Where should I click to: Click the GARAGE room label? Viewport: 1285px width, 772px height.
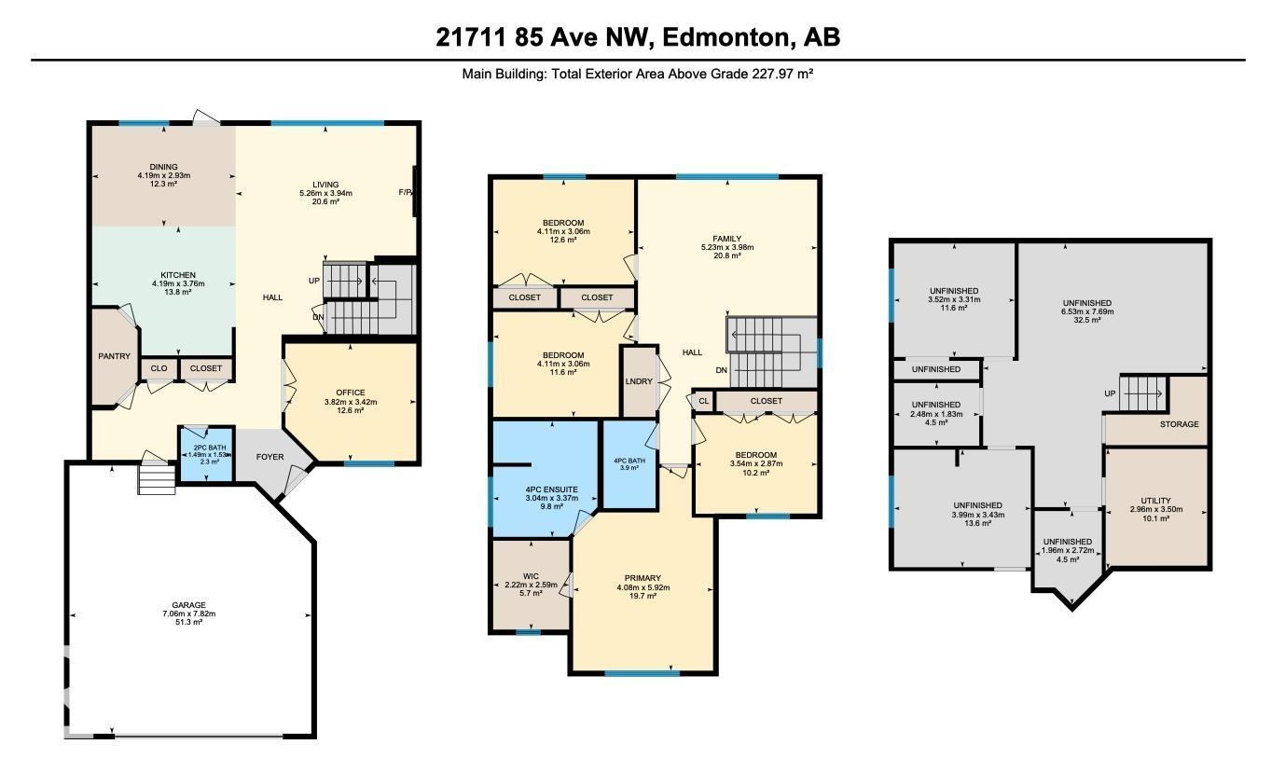(188, 605)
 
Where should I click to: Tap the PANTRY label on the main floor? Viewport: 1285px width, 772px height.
(115, 356)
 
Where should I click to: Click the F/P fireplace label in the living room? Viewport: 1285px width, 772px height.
(405, 193)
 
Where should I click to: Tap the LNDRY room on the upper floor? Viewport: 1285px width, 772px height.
(639, 381)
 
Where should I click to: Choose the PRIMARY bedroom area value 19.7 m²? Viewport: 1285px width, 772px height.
(643, 596)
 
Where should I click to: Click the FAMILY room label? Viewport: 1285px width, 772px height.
(726, 239)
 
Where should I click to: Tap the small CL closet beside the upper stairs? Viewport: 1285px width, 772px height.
(703, 401)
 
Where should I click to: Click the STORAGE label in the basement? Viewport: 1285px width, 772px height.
(1180, 424)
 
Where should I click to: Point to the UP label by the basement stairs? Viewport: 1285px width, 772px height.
(1110, 393)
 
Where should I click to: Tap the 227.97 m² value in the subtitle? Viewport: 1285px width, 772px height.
(782, 74)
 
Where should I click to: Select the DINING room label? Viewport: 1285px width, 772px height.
(163, 167)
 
